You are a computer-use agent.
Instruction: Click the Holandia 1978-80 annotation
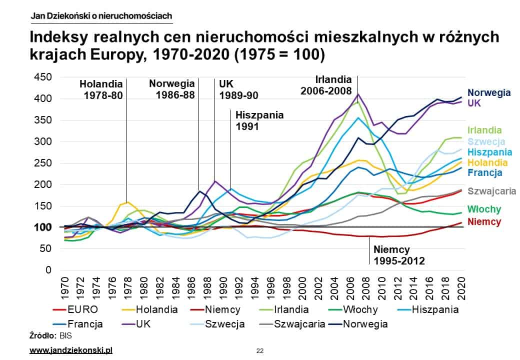pos(101,89)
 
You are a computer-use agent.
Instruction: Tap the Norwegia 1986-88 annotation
pos(171,89)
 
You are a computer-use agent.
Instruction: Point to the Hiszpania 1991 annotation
pos(259,120)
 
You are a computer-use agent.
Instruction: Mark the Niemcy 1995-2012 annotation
pos(398,254)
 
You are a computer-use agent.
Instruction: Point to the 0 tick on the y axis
pos(48,270)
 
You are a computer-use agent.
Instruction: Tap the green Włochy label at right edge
pos(484,209)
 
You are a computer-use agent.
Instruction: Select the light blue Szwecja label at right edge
pos(486,141)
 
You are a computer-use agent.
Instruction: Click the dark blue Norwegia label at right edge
pos(488,92)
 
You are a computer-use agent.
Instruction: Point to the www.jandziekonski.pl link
pos(71,350)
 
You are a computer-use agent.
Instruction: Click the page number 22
pos(259,350)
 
